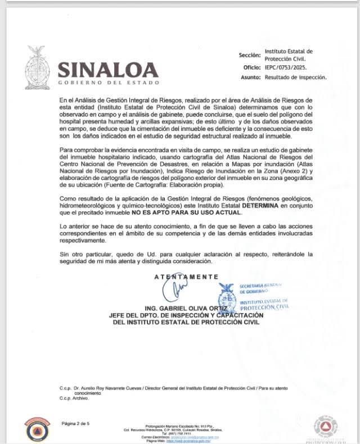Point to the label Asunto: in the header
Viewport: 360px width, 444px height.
251,78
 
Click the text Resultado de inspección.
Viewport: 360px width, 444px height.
296,78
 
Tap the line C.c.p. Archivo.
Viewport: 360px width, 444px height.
74,398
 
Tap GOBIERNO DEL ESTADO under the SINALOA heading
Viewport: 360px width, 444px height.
108,83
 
